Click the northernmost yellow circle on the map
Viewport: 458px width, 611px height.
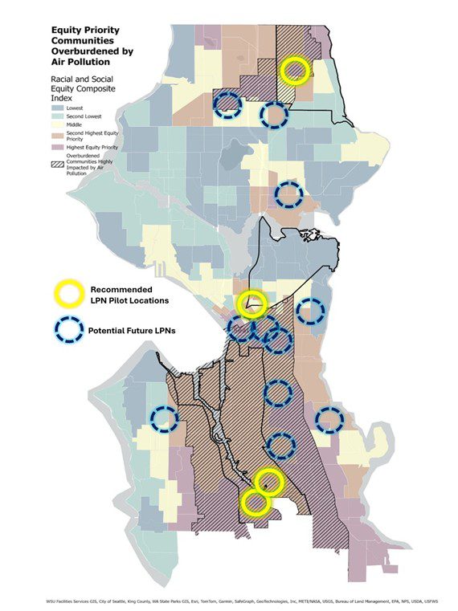tap(296, 70)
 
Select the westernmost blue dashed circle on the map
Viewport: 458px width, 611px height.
tap(164, 418)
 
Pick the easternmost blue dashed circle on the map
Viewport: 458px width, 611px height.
tap(329, 419)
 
